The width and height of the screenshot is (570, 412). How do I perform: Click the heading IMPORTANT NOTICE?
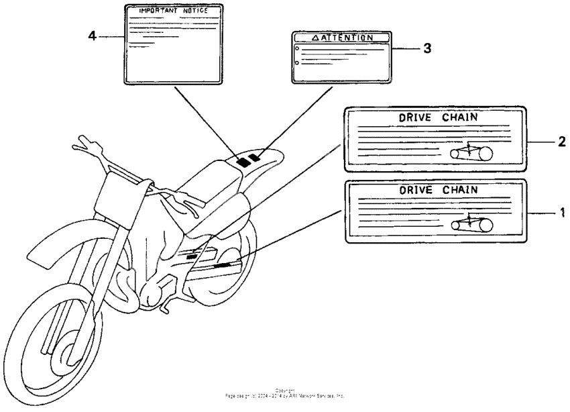[172, 12]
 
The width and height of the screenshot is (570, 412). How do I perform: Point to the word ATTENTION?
[346, 38]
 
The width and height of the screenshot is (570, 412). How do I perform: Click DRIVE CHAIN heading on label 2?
[439, 117]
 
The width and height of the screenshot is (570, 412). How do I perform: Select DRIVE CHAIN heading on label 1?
[439, 190]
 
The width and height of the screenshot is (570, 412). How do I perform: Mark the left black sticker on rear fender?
[243, 162]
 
